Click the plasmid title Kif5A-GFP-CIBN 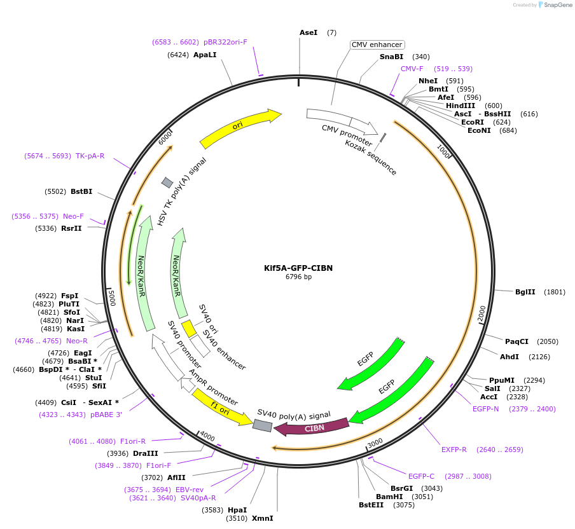tap(298, 268)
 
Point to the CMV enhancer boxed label tap(377, 45)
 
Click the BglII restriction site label tap(525, 292)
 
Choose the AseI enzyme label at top tap(308, 32)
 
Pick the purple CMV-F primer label tap(412, 69)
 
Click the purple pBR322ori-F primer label tap(225, 42)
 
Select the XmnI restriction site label tap(263, 518)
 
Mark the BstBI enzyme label tap(81, 191)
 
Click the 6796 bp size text tap(298, 277)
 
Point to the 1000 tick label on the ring tap(443, 151)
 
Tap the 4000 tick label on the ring tap(207, 436)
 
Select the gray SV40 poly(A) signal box tap(262, 425)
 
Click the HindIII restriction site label tap(461, 106)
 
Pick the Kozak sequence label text tap(371, 158)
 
